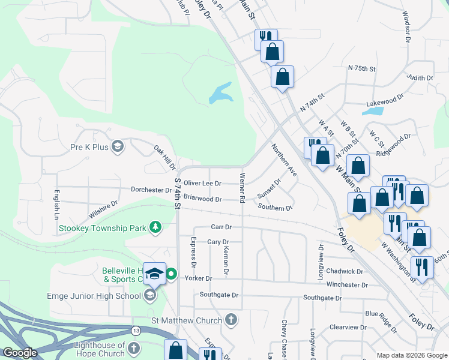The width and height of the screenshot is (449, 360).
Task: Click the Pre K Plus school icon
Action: (118, 146)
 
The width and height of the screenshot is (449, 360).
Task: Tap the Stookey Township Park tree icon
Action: (155, 227)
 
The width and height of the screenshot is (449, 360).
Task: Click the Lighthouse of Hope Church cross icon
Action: (134, 349)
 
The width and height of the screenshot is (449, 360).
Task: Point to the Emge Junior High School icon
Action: (149, 295)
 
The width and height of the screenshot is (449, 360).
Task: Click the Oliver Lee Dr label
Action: (202, 183)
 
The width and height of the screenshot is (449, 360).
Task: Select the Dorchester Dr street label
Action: (152, 190)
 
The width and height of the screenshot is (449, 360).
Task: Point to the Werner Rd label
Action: (243, 187)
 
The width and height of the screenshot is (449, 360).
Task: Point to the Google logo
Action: (21, 353)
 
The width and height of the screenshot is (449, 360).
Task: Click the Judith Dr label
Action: (420, 78)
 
